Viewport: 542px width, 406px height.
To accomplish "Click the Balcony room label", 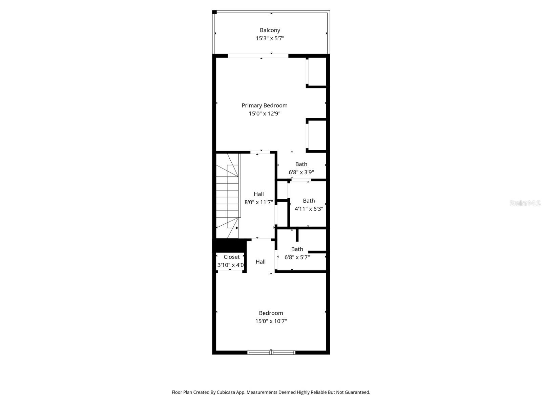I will (x=270, y=30).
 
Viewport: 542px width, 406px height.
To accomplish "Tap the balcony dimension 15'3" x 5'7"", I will (x=270, y=38).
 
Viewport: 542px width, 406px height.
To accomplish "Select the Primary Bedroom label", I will (x=264, y=106).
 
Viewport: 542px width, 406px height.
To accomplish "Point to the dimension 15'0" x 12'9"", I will (x=264, y=114).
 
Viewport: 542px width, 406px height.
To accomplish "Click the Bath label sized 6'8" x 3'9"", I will (x=301, y=164).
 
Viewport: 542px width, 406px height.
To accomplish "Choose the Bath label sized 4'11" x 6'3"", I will (x=309, y=201).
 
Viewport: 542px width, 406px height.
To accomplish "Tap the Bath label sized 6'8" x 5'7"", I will (x=297, y=249).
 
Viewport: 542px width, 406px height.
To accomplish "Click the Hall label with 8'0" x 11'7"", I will (x=258, y=194).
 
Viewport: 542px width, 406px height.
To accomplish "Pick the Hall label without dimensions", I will (x=260, y=262).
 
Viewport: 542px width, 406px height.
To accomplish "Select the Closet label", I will (x=231, y=257).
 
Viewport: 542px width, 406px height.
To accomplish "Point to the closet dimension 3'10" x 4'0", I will (x=230, y=265).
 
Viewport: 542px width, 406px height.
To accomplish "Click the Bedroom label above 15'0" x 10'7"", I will (x=271, y=313).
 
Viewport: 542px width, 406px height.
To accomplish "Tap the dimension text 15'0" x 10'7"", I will (x=271, y=321).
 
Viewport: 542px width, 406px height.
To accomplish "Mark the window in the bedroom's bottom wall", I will (x=271, y=353).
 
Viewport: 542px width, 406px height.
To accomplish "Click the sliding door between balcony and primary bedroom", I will (x=258, y=56).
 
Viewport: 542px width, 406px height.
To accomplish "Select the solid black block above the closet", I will (x=229, y=245).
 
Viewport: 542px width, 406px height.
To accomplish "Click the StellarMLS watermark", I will (x=525, y=203).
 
